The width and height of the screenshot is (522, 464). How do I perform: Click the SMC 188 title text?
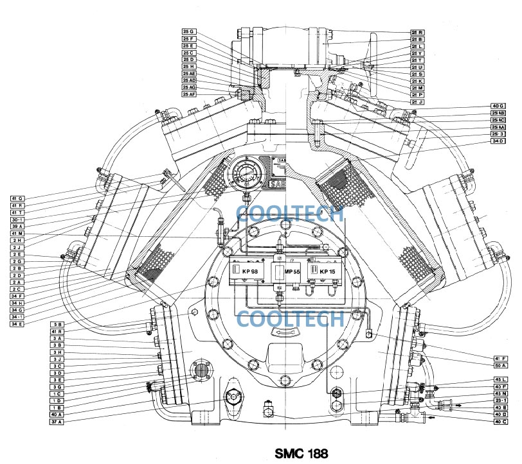pyautogui.click(x=301, y=453)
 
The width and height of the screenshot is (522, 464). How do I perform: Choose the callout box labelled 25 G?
pyautogui.click(x=189, y=31)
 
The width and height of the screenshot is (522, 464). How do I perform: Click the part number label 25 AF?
pyautogui.click(x=189, y=94)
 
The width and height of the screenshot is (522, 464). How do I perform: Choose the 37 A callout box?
pyautogui.click(x=57, y=422)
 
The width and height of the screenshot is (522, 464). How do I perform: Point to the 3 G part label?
pyautogui.click(x=57, y=387)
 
